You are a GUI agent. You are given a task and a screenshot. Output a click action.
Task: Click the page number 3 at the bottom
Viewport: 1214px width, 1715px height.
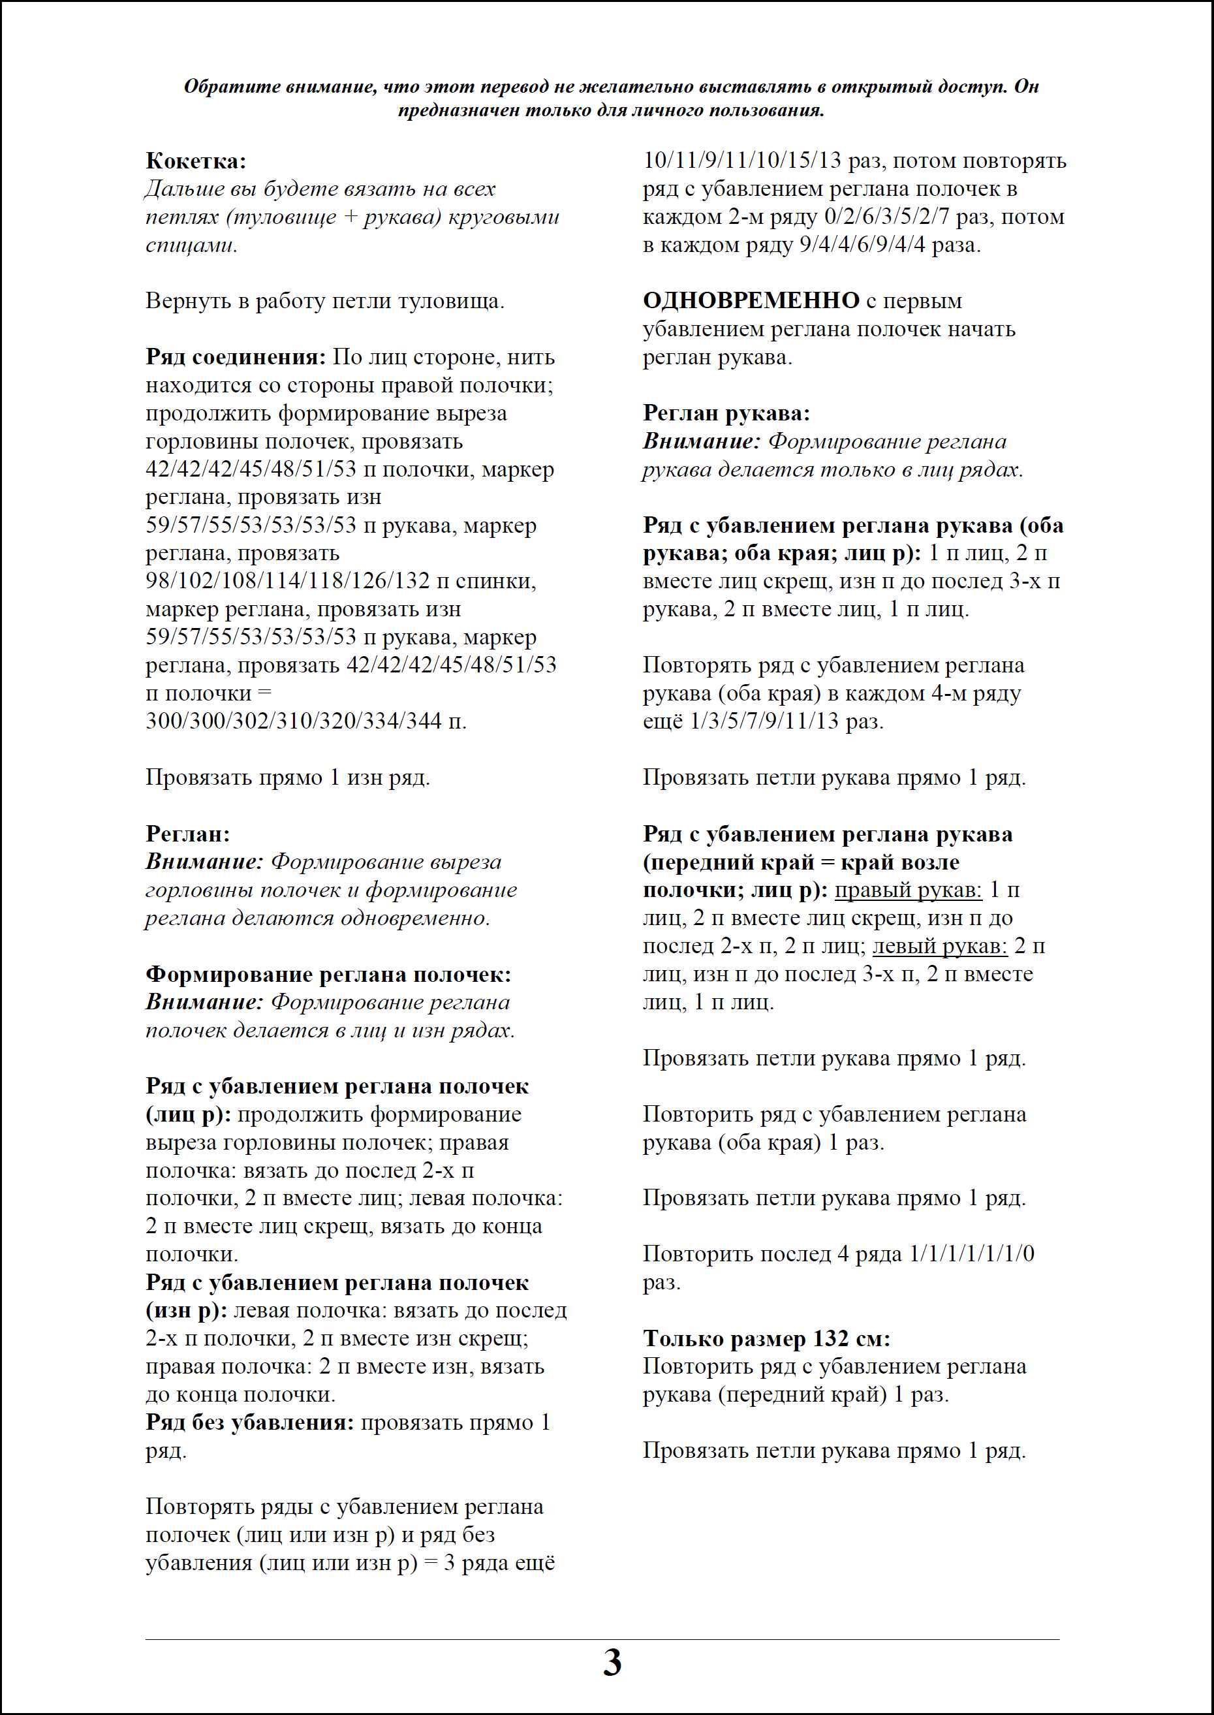coord(612,1663)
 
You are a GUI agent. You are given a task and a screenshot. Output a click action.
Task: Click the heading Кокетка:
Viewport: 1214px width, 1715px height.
coord(195,161)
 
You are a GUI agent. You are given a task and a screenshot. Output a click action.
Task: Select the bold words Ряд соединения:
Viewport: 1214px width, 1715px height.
coord(236,356)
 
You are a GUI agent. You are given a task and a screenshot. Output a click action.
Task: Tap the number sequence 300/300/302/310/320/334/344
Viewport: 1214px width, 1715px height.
coord(294,721)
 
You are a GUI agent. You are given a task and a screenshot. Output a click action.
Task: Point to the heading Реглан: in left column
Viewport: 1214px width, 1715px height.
coord(187,834)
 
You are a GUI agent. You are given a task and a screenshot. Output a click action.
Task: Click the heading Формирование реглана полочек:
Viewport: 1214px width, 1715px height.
coord(328,974)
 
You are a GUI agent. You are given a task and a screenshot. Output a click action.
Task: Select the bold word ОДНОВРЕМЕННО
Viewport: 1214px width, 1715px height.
coord(751,300)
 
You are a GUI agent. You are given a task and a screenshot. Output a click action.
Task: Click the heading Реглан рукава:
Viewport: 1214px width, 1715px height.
coord(726,413)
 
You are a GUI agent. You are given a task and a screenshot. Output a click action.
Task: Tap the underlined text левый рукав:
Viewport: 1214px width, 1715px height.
coord(940,946)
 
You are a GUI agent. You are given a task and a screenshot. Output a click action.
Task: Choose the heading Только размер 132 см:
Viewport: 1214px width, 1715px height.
coord(766,1338)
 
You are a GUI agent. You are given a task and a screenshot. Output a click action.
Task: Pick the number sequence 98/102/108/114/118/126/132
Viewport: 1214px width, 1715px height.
coord(288,581)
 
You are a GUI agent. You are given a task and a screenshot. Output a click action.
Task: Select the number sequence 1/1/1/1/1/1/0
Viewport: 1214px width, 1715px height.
coord(971,1253)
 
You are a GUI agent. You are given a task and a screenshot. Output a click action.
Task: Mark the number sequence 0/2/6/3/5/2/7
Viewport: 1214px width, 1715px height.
coord(886,217)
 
